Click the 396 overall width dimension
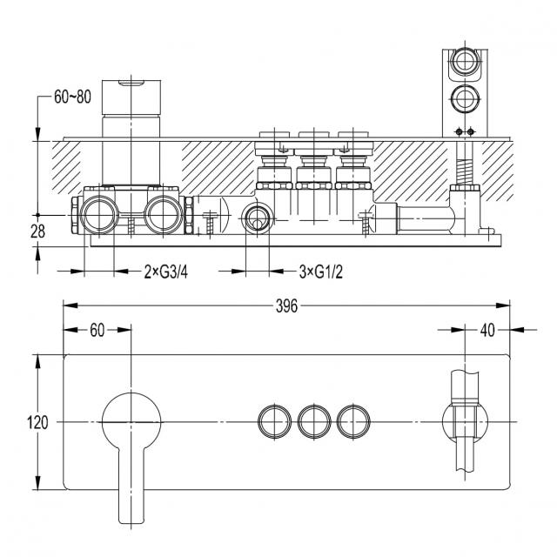point(286,305)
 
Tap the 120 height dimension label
point(37,422)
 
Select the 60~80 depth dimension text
point(72,97)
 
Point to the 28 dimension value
point(37,232)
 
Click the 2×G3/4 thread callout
point(166,272)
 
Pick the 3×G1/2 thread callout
point(321,272)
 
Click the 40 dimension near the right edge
point(487,331)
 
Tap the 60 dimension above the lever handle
point(97,331)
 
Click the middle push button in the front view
point(314,421)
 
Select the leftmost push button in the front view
point(274,421)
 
